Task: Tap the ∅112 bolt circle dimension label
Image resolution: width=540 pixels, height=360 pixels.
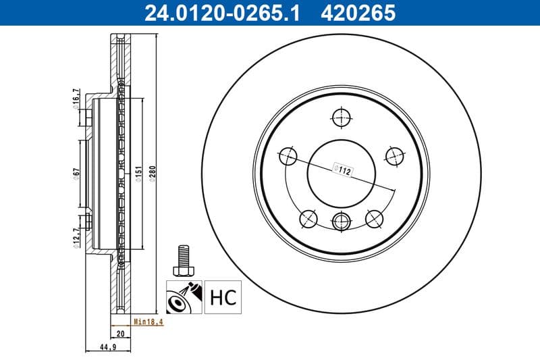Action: [x=343, y=172]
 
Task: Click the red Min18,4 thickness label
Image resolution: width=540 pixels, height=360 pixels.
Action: [x=148, y=322]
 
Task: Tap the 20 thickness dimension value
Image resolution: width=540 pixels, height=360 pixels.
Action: [x=120, y=334]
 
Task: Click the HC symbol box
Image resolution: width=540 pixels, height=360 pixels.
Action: [x=223, y=297]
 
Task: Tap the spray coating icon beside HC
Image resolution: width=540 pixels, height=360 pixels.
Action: [x=184, y=297]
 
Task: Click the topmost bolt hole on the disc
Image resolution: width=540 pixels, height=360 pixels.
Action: [x=342, y=118]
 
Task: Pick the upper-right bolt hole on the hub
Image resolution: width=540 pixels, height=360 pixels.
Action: [x=395, y=156]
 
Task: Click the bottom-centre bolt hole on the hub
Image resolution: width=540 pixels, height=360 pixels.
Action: [x=342, y=219]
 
